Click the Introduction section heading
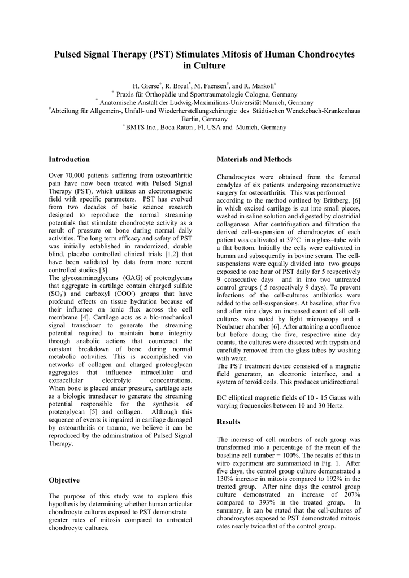(x=69, y=160)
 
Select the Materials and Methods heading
(x=254, y=160)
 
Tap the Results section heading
(x=229, y=422)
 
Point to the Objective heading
(x=64, y=480)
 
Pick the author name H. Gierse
(x=147, y=86)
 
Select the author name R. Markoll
(x=259, y=86)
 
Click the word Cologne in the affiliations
(x=236, y=94)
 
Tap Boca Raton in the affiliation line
(x=176, y=128)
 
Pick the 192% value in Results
(x=315, y=479)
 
